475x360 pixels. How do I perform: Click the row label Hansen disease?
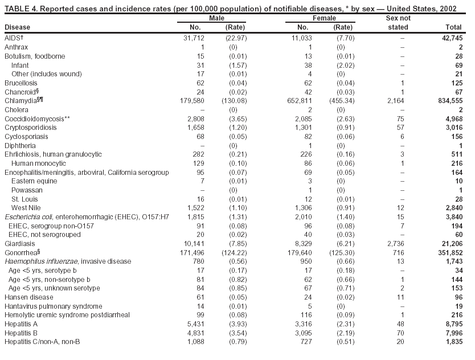click(x=22, y=297)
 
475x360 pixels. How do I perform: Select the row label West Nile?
click(x=26, y=208)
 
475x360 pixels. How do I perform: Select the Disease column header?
click(x=18, y=27)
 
